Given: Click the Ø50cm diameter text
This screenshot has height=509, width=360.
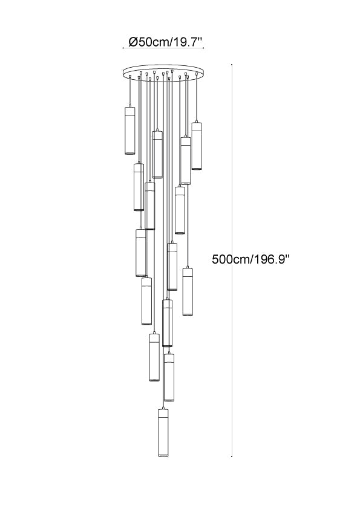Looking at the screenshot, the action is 149,42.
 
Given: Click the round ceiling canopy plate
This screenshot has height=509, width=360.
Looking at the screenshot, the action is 163,72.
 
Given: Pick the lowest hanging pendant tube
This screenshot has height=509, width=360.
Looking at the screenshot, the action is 163,432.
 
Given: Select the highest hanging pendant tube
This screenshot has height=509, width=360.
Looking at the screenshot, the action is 129,129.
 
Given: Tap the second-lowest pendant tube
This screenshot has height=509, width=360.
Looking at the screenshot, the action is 169,377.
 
